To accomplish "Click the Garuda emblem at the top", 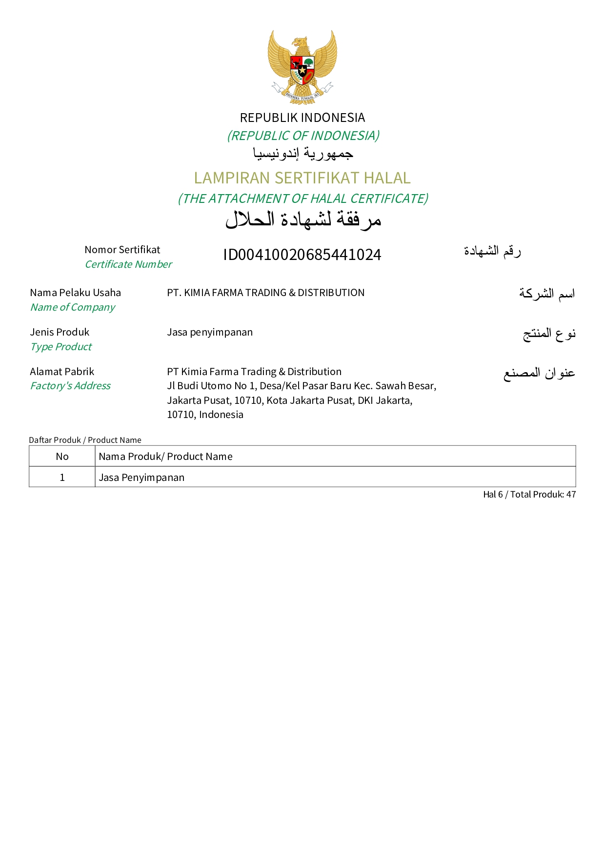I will click(302, 67).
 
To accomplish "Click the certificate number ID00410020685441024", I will click(302, 255).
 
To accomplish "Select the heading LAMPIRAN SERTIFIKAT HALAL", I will click(302, 178).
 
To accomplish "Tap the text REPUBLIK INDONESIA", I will click(302, 118).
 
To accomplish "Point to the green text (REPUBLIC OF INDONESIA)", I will click(303, 136).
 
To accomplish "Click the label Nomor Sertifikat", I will click(122, 250).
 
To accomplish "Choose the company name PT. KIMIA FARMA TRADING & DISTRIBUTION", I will click(265, 293).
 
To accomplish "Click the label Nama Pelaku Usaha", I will click(75, 293).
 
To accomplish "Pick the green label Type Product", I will click(61, 347).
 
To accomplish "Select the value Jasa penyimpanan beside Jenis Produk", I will click(210, 332).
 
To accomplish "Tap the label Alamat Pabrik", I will click(62, 372).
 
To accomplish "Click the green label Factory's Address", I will click(70, 386).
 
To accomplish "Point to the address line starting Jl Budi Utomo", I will click(301, 386).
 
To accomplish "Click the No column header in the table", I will click(62, 457).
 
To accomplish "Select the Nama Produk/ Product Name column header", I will click(165, 457).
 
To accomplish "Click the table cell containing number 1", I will click(62, 478).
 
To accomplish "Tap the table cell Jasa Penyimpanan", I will click(141, 478).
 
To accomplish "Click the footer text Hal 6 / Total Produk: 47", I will click(529, 495).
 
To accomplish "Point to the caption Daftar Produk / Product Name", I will click(85, 440).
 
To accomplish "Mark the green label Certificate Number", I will click(128, 264).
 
